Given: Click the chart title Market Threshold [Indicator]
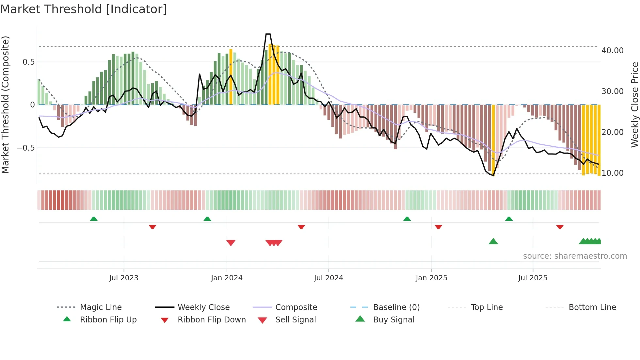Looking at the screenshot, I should click(x=84, y=9).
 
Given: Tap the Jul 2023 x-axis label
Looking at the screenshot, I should click(x=124, y=278).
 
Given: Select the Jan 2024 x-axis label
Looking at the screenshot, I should click(x=227, y=278).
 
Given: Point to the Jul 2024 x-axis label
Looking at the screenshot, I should click(x=328, y=278).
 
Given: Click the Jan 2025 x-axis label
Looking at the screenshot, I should click(x=431, y=278).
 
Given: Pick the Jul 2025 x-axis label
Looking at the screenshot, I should click(x=533, y=278).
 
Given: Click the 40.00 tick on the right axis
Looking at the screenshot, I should click(x=612, y=51).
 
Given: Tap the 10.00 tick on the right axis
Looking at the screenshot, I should click(x=612, y=173).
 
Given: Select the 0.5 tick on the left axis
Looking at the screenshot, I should click(x=29, y=62).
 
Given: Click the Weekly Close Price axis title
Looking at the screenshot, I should click(x=634, y=105).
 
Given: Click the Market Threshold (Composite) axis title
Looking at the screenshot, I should click(x=6, y=105).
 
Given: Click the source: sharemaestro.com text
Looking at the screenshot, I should click(x=575, y=256).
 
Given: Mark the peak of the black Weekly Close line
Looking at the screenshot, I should click(x=268, y=34).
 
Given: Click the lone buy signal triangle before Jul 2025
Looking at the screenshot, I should click(x=493, y=242).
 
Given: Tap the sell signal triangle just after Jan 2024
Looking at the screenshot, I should click(x=231, y=243).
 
